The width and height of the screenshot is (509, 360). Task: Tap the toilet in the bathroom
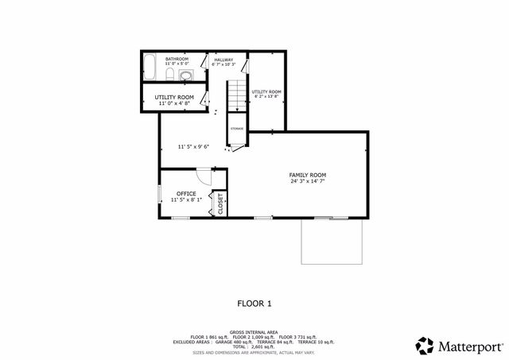pyautogui.click(x=170, y=75)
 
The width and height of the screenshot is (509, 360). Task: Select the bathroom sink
pyautogui.click(x=186, y=76)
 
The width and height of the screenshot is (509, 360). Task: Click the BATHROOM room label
pyautogui.click(x=177, y=59)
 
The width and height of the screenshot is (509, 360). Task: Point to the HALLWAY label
pyautogui.click(x=223, y=59)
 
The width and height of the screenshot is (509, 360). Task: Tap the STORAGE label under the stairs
pyautogui.click(x=237, y=129)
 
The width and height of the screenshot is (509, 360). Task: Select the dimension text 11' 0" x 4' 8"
pyautogui.click(x=174, y=103)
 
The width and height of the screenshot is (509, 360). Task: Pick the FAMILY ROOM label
pyautogui.click(x=307, y=175)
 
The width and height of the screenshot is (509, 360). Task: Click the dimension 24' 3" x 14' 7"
pyautogui.click(x=307, y=181)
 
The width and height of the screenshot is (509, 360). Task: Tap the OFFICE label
pyautogui.click(x=186, y=194)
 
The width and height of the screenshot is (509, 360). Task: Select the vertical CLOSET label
pyautogui.click(x=220, y=203)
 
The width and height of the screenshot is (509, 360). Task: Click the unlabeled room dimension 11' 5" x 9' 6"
pyautogui.click(x=194, y=147)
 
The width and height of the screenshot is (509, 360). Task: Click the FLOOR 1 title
pyautogui.click(x=254, y=303)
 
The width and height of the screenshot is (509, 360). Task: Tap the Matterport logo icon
pyautogui.click(x=425, y=346)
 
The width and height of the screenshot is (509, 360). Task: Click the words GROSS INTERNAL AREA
pyautogui.click(x=254, y=331)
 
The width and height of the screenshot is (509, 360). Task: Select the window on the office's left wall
pyautogui.click(x=159, y=194)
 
